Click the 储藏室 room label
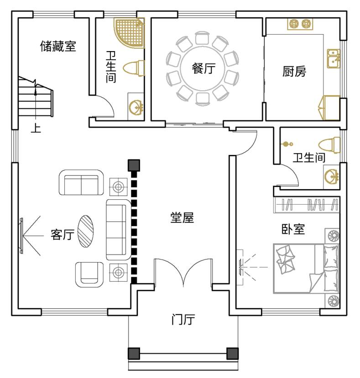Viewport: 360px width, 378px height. coord(58,46)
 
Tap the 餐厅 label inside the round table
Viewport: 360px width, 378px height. coord(203,69)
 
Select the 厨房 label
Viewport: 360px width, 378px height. coord(294,72)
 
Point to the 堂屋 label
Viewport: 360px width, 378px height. coord(182,218)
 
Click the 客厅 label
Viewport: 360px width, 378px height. coord(62,235)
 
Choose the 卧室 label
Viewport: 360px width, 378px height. coord(292,229)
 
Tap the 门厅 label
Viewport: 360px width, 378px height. coord(183,320)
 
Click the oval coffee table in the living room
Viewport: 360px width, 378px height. coord(85,231)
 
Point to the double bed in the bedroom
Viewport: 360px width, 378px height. coord(306,269)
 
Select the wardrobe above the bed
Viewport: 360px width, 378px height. coord(307,205)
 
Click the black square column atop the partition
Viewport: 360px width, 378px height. coord(134,165)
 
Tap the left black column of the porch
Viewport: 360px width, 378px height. coord(133,353)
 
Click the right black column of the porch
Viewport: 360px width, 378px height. coord(232,353)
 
